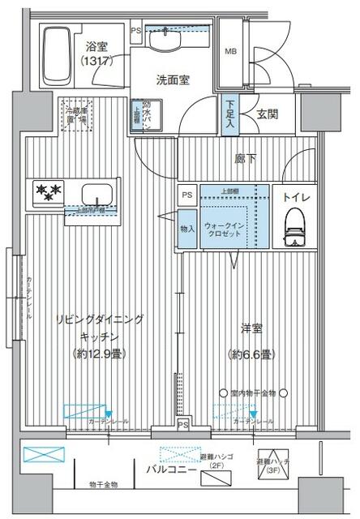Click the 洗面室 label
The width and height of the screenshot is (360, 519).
172,79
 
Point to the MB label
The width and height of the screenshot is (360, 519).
232,49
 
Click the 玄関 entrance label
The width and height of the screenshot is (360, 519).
268,114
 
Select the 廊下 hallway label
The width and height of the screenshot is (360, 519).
245,159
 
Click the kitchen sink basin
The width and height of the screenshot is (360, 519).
97,195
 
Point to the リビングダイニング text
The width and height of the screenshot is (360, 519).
99,320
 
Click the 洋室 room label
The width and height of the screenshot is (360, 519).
251,329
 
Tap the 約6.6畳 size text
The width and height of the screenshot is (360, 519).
251,354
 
